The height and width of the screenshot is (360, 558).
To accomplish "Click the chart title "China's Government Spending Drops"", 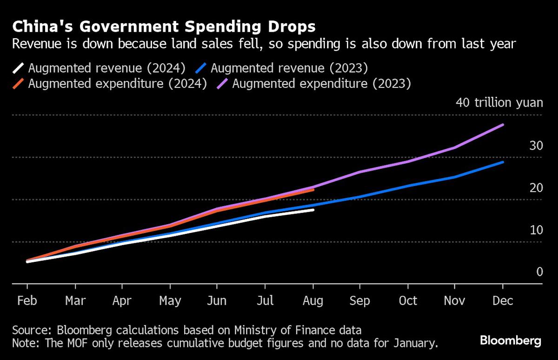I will [x=164, y=27].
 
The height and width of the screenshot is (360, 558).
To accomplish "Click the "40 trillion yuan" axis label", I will [x=499, y=102].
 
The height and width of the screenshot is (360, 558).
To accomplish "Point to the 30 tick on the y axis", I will [x=536, y=146].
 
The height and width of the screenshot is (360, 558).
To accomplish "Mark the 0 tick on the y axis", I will [x=539, y=272].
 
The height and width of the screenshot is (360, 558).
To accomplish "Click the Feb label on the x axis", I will [x=27, y=301].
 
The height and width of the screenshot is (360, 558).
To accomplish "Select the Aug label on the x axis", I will [x=312, y=301].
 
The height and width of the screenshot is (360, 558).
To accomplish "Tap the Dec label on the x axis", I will [x=503, y=301].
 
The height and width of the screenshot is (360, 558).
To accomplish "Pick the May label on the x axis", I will [x=170, y=301].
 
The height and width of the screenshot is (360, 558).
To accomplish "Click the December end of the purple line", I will [x=503, y=125].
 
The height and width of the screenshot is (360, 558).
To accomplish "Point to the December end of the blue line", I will [x=503, y=162].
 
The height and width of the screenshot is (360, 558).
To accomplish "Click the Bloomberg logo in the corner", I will [x=510, y=341].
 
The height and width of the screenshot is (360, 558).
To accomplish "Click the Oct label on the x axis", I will [x=408, y=301].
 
